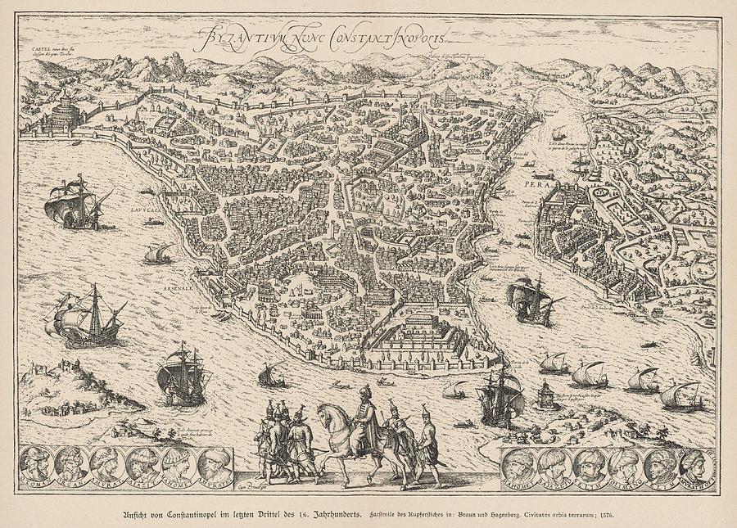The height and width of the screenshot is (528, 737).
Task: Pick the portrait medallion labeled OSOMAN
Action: point(37,464)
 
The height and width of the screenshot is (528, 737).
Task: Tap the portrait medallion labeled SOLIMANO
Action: point(622,465)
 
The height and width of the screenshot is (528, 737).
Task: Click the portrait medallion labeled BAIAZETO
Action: point(554,465)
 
